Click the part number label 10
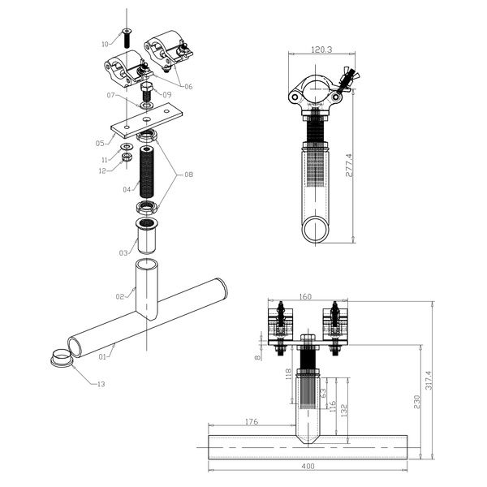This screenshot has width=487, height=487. [x=105, y=43]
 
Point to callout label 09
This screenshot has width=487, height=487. [x=166, y=95]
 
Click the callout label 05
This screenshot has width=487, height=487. [x=100, y=143]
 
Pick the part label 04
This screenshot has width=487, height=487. [x=127, y=189]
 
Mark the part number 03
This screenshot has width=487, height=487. [x=123, y=253]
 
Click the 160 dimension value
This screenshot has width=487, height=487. [x=305, y=297]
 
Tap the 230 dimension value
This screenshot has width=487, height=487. [x=416, y=401]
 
